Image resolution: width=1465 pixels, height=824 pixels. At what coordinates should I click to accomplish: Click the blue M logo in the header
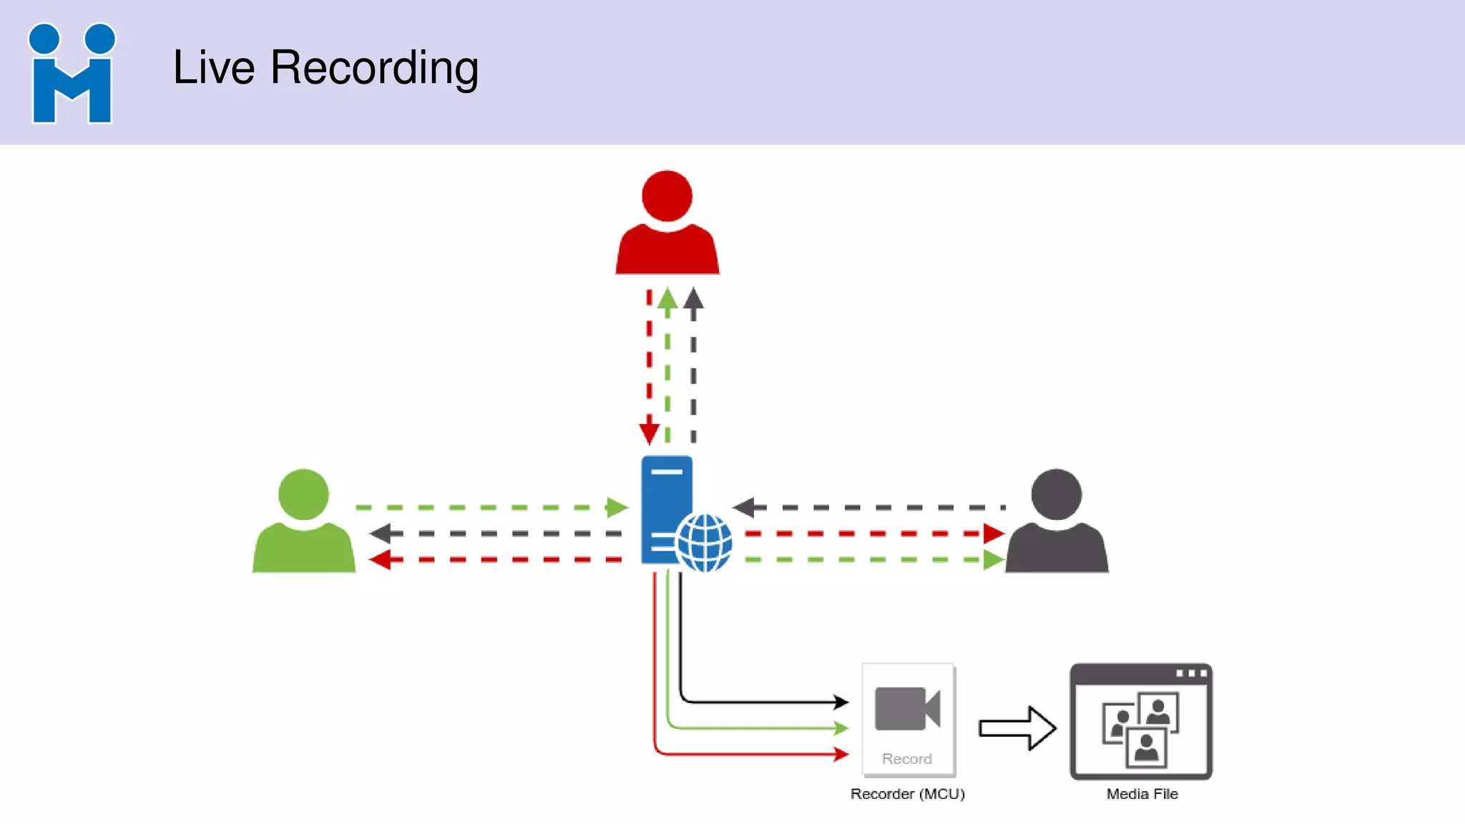click(72, 73)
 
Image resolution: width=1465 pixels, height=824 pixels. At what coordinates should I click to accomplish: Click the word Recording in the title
click(374, 69)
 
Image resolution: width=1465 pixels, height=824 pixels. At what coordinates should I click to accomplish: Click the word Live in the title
click(214, 67)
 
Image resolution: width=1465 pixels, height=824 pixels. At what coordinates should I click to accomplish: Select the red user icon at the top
click(667, 223)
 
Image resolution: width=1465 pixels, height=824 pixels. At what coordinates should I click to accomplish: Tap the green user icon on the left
click(304, 522)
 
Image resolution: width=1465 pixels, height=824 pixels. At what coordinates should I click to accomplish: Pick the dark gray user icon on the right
click(1057, 522)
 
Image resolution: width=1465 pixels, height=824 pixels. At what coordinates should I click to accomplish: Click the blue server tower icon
click(666, 501)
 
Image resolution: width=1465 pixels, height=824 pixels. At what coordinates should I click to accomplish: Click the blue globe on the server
click(705, 543)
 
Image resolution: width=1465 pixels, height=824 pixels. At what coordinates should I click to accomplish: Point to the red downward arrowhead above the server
click(650, 433)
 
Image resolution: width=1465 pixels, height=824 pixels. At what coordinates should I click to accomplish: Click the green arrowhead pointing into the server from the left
click(617, 508)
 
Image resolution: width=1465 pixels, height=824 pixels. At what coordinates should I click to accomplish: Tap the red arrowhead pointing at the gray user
click(993, 534)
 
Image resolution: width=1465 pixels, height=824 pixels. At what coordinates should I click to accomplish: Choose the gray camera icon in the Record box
click(907, 708)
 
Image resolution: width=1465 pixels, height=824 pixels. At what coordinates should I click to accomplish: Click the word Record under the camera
click(907, 759)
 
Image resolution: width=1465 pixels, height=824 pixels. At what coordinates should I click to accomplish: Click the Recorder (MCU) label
click(907, 794)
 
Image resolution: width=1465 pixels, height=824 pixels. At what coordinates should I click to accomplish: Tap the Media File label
click(1142, 794)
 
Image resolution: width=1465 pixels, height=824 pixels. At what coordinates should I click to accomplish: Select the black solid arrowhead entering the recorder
click(841, 702)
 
